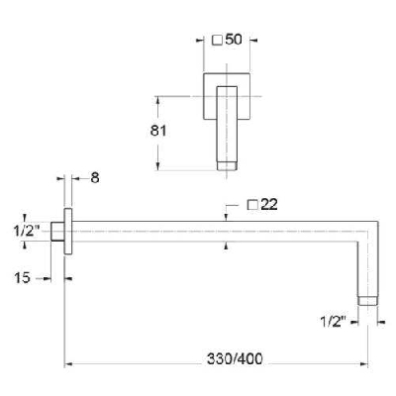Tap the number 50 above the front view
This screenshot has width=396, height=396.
(234, 40)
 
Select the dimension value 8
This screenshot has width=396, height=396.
(94, 179)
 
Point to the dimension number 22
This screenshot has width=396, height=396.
(269, 204)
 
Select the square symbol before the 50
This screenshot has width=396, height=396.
(217, 40)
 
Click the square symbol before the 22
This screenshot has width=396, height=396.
(251, 204)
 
